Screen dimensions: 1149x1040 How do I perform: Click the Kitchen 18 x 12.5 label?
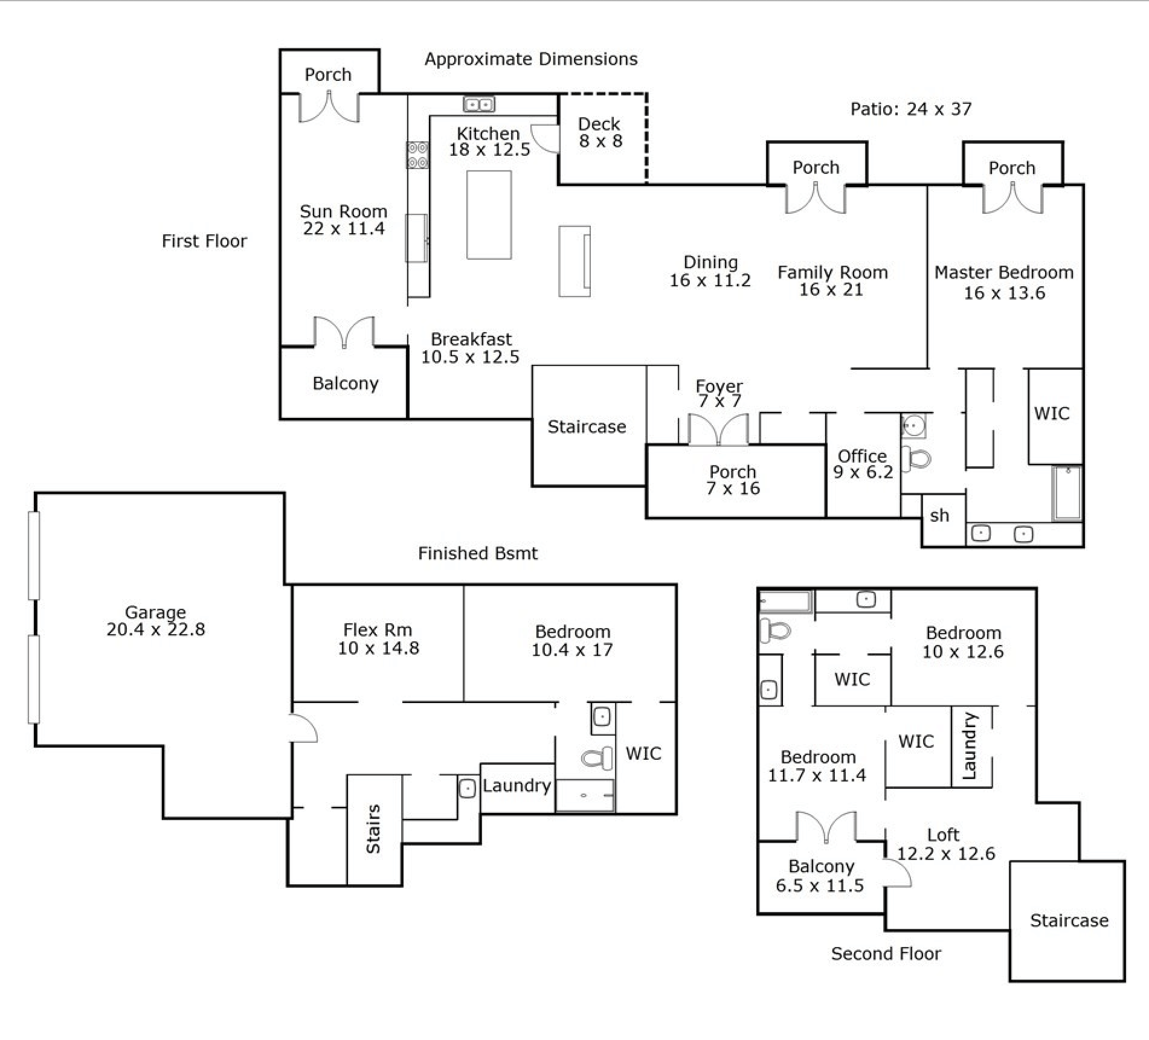click(489, 141)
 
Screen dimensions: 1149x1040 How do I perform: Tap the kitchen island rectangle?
click(489, 215)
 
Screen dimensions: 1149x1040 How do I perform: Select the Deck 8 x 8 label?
click(600, 132)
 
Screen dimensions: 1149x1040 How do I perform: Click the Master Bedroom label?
click(1004, 272)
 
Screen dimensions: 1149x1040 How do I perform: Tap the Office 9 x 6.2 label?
click(863, 464)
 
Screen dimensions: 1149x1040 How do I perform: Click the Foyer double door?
click(718, 429)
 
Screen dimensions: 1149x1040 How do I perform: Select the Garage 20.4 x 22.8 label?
click(156, 621)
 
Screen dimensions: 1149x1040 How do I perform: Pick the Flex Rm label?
click(378, 630)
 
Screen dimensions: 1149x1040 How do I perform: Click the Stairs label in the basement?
click(373, 829)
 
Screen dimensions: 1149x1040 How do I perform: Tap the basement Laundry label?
click(517, 786)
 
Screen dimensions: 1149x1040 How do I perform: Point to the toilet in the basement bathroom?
click(596, 757)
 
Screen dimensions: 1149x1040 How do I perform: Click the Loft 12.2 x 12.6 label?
click(945, 844)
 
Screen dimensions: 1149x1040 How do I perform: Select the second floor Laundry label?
click(969, 746)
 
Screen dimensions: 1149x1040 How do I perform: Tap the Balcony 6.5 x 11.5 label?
click(820, 876)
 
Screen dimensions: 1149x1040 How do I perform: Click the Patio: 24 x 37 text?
click(911, 109)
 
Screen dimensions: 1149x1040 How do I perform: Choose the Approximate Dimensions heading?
click(531, 59)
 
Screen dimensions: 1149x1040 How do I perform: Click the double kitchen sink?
click(479, 104)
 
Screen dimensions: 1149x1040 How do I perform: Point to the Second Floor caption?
click(886, 954)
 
